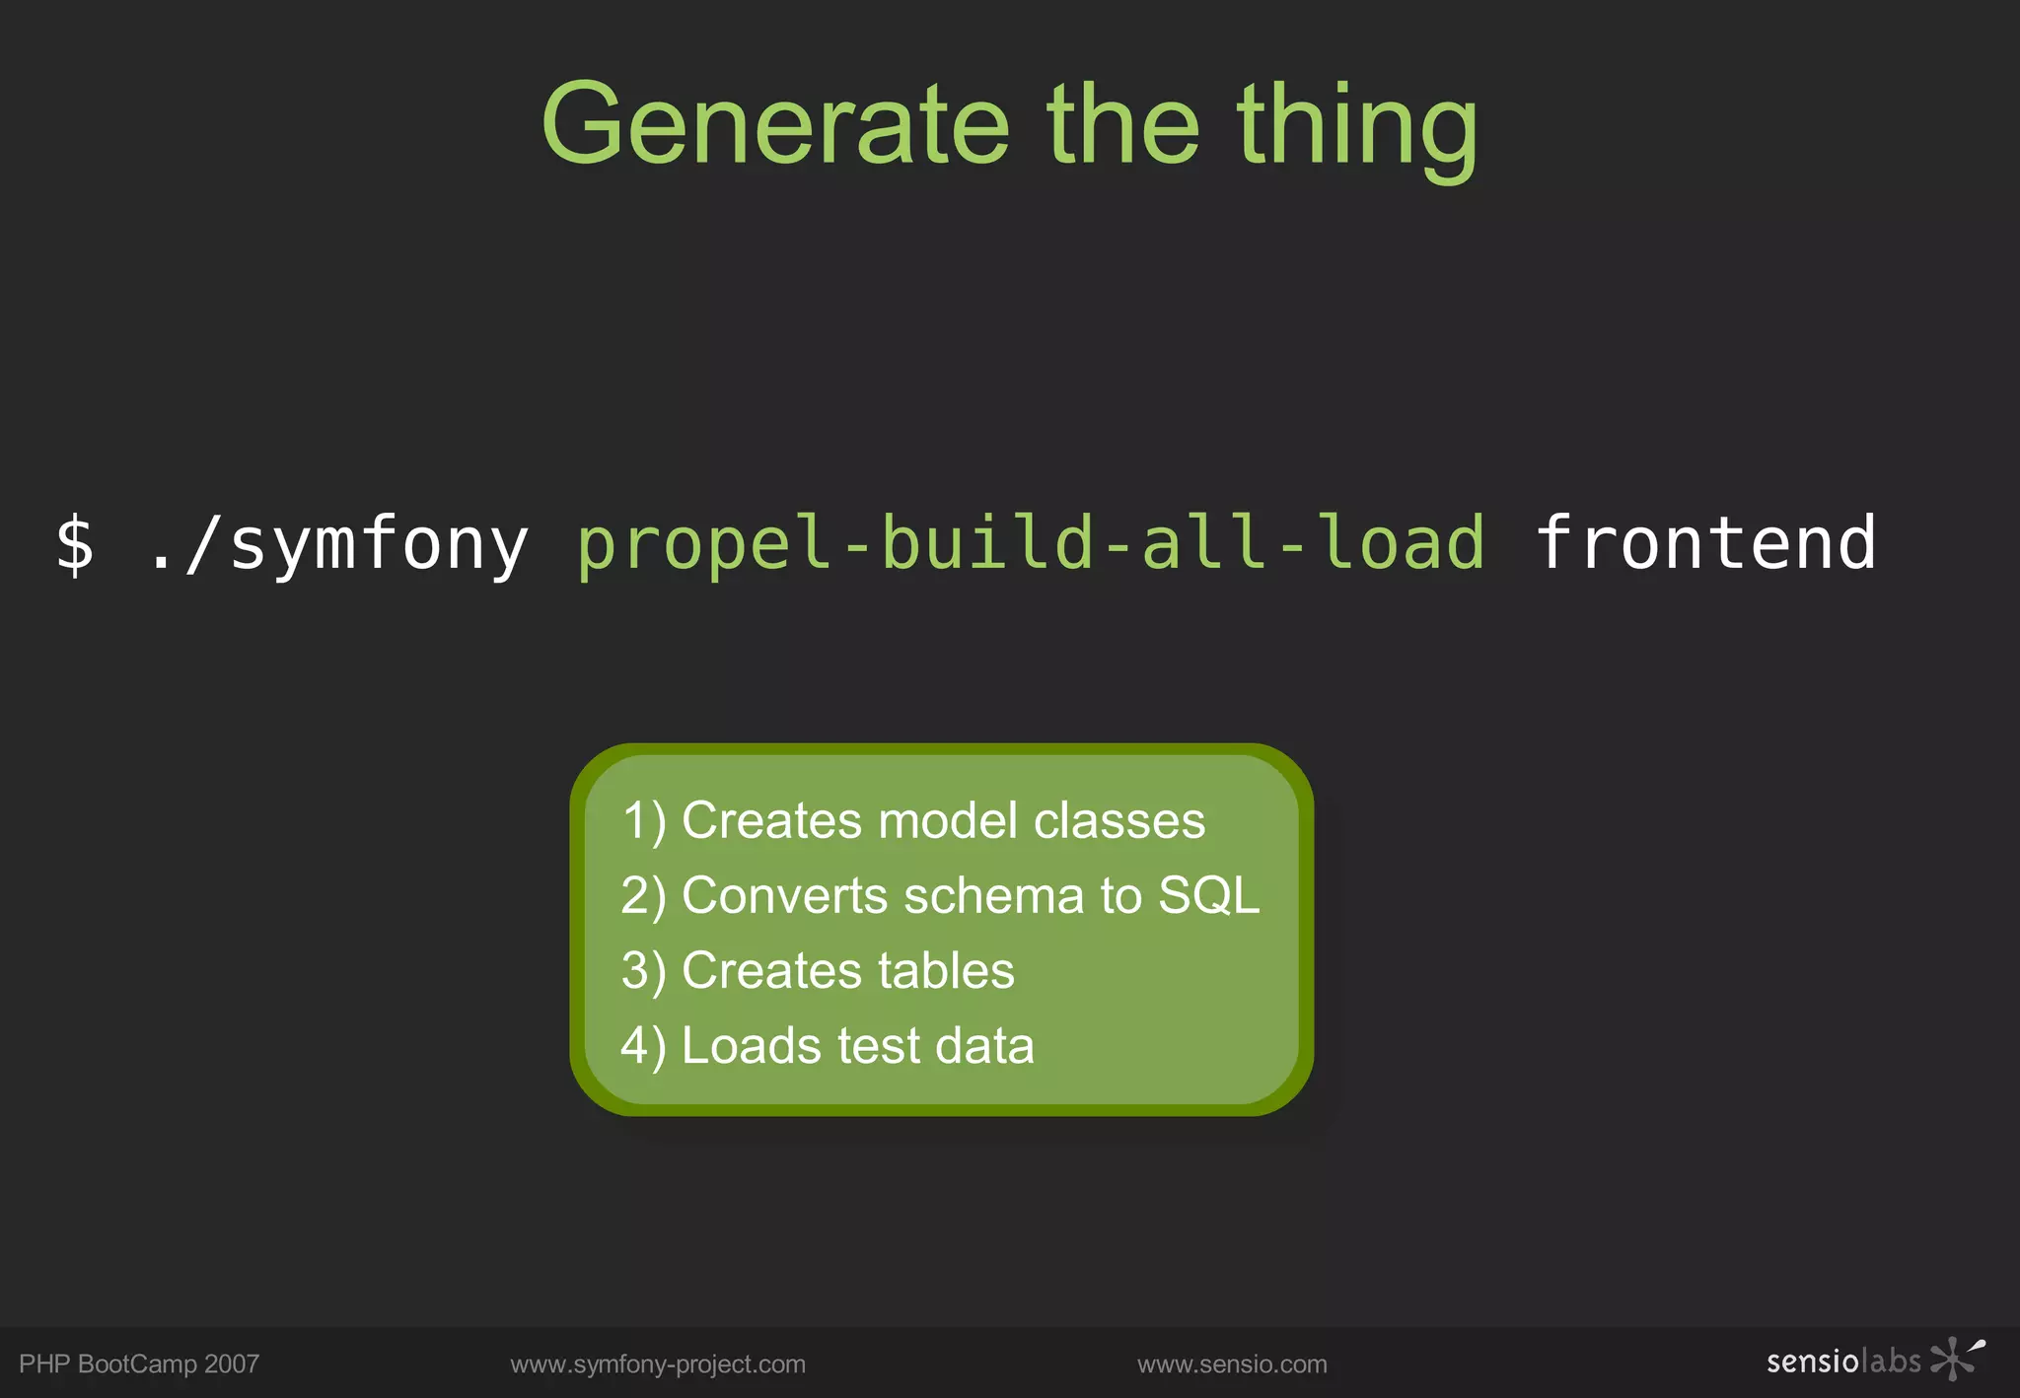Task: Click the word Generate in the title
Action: click(x=775, y=124)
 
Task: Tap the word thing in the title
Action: click(x=1357, y=128)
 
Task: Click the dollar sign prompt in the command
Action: click(x=75, y=543)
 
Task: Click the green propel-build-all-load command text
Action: click(x=1030, y=543)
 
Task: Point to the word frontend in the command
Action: click(x=1705, y=543)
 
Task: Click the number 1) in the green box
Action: click(x=644, y=820)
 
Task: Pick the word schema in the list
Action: click(x=994, y=895)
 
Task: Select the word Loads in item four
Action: click(x=751, y=1045)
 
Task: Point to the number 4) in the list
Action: click(x=643, y=1045)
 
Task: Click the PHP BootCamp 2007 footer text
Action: click(x=139, y=1363)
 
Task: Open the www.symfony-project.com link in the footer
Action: click(x=658, y=1363)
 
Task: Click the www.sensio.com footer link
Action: click(x=1232, y=1363)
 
